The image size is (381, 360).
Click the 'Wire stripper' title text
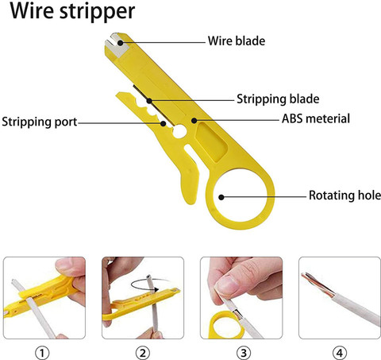pos(72,11)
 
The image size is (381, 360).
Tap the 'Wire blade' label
pos(237,41)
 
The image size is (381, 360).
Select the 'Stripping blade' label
pos(278,99)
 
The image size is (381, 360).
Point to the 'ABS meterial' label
pos(316,118)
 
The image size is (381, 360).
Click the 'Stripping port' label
pos(40,122)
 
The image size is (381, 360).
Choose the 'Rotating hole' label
pos(344,195)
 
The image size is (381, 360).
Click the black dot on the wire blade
pos(121,43)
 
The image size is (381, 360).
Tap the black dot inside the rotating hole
pos(221,197)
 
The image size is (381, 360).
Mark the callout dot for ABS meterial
pos(194,121)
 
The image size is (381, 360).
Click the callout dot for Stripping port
pos(164,123)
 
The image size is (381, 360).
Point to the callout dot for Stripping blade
pos(149,101)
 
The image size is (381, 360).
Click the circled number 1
pos(42,353)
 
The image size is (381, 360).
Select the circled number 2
pos(143,353)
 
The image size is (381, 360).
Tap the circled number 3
pos(244,353)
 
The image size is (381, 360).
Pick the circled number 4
pos(340,353)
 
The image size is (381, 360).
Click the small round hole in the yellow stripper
pos(179,131)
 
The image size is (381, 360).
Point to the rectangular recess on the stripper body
pos(212,141)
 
